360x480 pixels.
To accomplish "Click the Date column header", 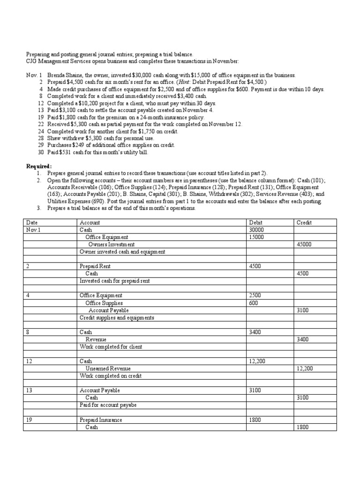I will (31, 223).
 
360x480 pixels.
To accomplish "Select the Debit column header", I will (256, 223).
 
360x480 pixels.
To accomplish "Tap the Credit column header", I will (304, 223).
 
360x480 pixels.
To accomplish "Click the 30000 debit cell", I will (257, 230).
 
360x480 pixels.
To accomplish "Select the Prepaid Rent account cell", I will (95, 266).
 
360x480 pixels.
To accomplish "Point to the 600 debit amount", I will (254, 303).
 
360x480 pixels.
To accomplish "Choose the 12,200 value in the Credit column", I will (305, 368).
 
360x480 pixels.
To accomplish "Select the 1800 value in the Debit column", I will (255, 420).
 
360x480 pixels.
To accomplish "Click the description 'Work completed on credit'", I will (111, 376).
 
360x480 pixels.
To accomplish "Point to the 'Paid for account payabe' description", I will (108, 405).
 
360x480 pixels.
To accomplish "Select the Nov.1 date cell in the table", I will (33, 230).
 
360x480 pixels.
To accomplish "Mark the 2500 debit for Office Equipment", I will (255, 295).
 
